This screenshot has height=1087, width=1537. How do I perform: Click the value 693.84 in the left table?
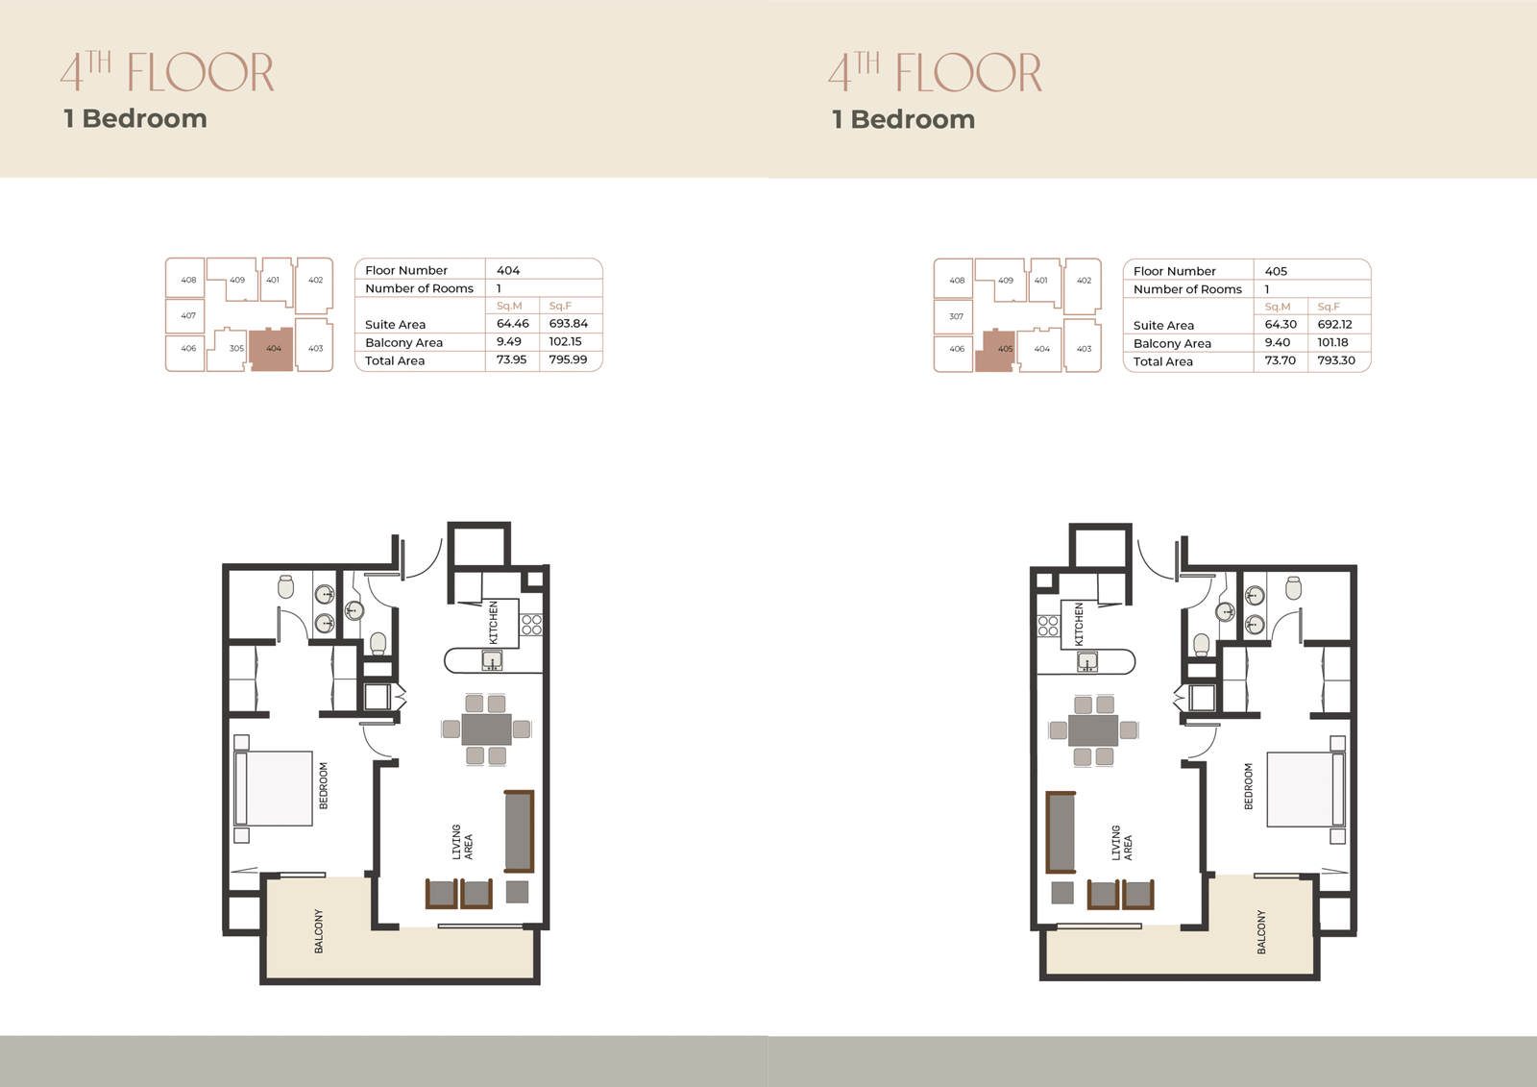tap(568, 324)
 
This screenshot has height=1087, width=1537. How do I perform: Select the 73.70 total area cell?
tap(1280, 360)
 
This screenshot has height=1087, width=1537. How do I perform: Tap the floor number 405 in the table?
tap(1276, 271)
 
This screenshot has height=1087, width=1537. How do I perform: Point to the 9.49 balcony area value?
tap(508, 341)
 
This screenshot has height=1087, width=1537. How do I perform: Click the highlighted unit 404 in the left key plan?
tap(271, 349)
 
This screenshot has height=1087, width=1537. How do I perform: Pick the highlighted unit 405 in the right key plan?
tap(995, 351)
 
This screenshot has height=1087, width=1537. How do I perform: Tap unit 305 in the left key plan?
tap(236, 348)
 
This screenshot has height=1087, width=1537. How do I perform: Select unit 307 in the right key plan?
tap(956, 316)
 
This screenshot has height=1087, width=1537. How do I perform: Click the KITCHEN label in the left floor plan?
tap(493, 622)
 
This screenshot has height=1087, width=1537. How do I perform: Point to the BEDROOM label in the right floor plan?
tap(1248, 786)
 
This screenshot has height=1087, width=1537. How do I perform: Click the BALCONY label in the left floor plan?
tap(318, 932)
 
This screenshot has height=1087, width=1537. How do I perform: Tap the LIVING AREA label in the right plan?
tap(1122, 843)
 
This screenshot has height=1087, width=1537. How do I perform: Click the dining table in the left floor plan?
tap(486, 729)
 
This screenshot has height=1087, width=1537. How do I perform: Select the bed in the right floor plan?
tap(1305, 789)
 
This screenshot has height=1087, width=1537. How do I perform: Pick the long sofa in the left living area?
tap(519, 831)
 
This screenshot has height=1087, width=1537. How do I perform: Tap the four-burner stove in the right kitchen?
tap(1048, 626)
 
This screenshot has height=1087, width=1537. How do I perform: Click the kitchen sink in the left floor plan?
tap(491, 660)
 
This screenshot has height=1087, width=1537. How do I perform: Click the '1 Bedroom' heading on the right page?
tap(903, 119)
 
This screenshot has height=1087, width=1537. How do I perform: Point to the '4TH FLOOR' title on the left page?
tap(167, 71)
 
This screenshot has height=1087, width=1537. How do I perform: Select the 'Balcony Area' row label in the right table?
tap(1172, 343)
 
